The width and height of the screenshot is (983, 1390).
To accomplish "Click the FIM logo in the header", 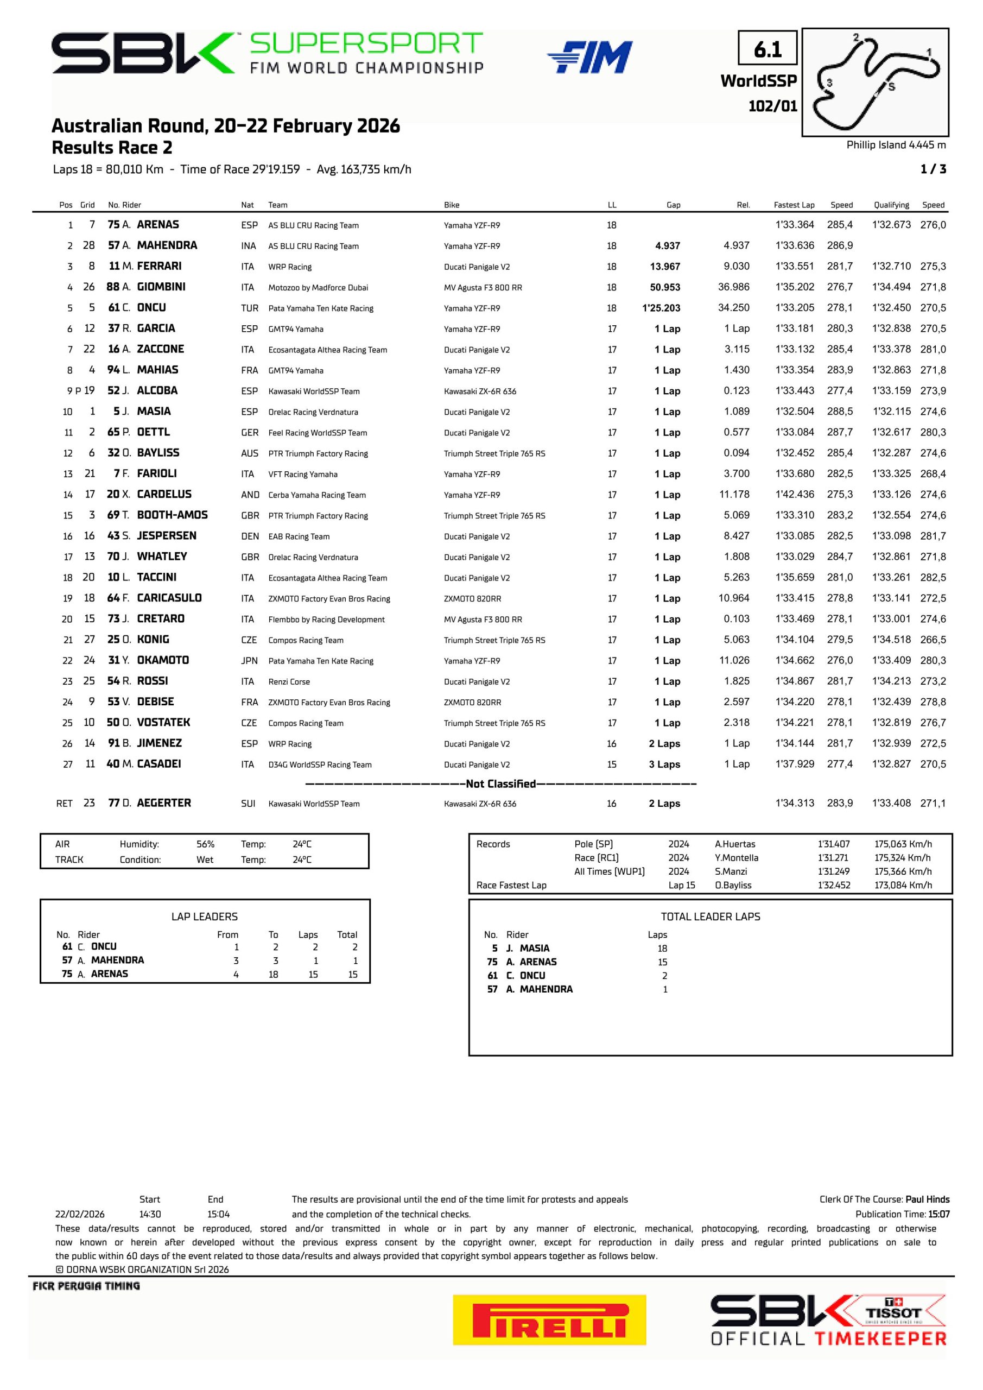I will (x=590, y=57).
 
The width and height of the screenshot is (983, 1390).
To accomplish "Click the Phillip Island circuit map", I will (x=874, y=82).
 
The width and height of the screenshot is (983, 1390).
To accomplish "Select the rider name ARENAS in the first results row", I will (x=158, y=225).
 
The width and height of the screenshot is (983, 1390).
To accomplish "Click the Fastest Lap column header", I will (x=794, y=205).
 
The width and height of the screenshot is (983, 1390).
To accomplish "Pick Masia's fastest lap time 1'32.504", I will (x=795, y=412).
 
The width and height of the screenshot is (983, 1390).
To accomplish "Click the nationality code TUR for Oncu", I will (x=249, y=308).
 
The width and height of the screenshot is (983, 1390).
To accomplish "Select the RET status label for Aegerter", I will (x=64, y=804).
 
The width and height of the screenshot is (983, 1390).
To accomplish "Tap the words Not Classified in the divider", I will (x=500, y=784).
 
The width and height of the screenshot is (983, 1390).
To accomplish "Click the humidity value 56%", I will (x=205, y=844).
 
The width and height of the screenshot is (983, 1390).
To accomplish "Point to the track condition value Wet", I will (x=205, y=860).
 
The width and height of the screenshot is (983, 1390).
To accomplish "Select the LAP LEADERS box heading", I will (x=204, y=917).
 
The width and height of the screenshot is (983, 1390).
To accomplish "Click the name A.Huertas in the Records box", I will (x=735, y=844).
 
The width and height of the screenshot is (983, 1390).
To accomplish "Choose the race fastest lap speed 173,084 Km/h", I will (x=903, y=885).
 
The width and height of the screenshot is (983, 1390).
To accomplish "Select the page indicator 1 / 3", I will (x=933, y=169).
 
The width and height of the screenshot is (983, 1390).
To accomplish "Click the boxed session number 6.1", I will (x=768, y=48).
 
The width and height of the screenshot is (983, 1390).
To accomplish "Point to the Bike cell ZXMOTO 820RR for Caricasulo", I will (x=472, y=599).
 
